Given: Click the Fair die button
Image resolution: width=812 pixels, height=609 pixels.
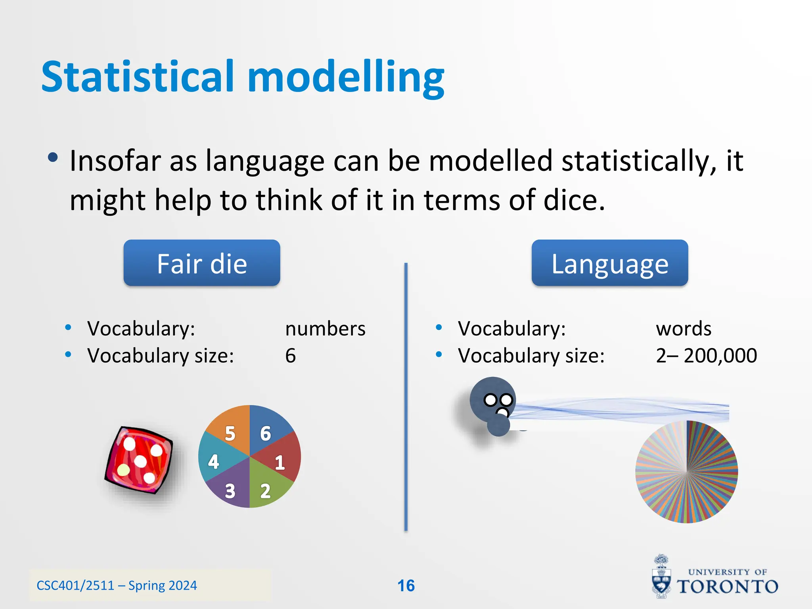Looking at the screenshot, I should (x=202, y=263).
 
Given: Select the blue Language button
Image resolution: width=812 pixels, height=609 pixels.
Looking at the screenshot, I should (x=610, y=263).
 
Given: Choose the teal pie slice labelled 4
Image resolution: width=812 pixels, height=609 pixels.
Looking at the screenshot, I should (x=216, y=460).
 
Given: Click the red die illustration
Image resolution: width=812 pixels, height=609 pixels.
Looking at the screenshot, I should (x=139, y=460).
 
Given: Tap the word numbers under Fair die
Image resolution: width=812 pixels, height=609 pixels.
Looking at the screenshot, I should (x=325, y=329).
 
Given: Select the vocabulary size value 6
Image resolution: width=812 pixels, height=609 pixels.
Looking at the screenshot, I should (x=291, y=356).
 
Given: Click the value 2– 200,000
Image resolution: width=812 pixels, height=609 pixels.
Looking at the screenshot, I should (x=706, y=356).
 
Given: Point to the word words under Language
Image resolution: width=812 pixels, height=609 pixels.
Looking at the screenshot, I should (x=684, y=329).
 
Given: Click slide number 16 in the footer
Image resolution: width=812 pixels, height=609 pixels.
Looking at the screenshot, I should (x=406, y=586).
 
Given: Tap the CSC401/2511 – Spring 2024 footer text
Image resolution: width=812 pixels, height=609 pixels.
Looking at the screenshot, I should (x=117, y=586).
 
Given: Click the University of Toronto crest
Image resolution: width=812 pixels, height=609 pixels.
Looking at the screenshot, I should (x=661, y=577).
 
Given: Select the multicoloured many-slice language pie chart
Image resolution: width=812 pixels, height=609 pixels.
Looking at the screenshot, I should (x=686, y=472).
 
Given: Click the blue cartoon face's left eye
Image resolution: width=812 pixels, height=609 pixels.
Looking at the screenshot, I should (x=490, y=400).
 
